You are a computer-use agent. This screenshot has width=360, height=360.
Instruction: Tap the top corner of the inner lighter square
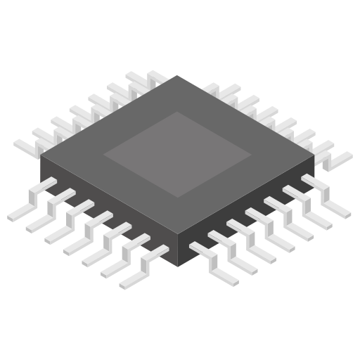[177, 112]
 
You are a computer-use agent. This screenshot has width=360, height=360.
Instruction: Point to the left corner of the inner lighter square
[105, 154]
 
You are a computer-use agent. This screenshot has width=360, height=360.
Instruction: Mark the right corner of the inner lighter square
[251, 154]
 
